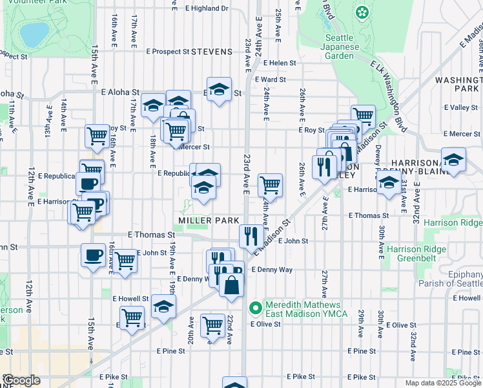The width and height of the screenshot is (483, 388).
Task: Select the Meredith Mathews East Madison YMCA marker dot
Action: [256, 306]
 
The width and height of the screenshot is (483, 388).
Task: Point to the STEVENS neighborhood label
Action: [212, 51]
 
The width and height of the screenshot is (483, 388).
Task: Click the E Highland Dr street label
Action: [207, 8]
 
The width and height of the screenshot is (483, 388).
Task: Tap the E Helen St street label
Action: [274, 63]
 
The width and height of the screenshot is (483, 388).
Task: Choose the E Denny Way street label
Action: [272, 269]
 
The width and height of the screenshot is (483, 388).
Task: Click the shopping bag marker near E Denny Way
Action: [231, 283]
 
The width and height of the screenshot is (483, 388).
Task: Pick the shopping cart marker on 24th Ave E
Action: [270, 185]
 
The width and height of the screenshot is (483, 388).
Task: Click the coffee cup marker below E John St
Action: [94, 255]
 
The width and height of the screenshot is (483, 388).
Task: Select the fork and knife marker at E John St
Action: [251, 235]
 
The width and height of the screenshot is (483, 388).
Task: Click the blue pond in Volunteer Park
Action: [34, 31]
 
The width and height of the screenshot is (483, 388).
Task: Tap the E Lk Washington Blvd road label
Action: [388, 80]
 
